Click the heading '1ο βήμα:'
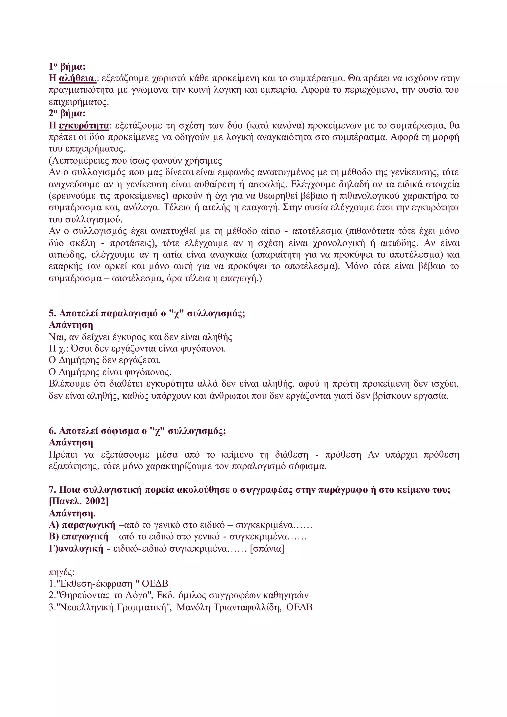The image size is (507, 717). (67, 67)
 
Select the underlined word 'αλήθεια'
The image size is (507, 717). (76, 78)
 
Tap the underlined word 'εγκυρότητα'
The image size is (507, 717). (84, 126)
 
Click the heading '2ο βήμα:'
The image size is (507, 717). (67, 113)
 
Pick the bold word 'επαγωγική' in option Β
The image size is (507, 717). (85, 537)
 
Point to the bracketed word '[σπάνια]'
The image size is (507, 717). (267, 549)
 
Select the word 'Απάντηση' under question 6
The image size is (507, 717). (71, 443)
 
